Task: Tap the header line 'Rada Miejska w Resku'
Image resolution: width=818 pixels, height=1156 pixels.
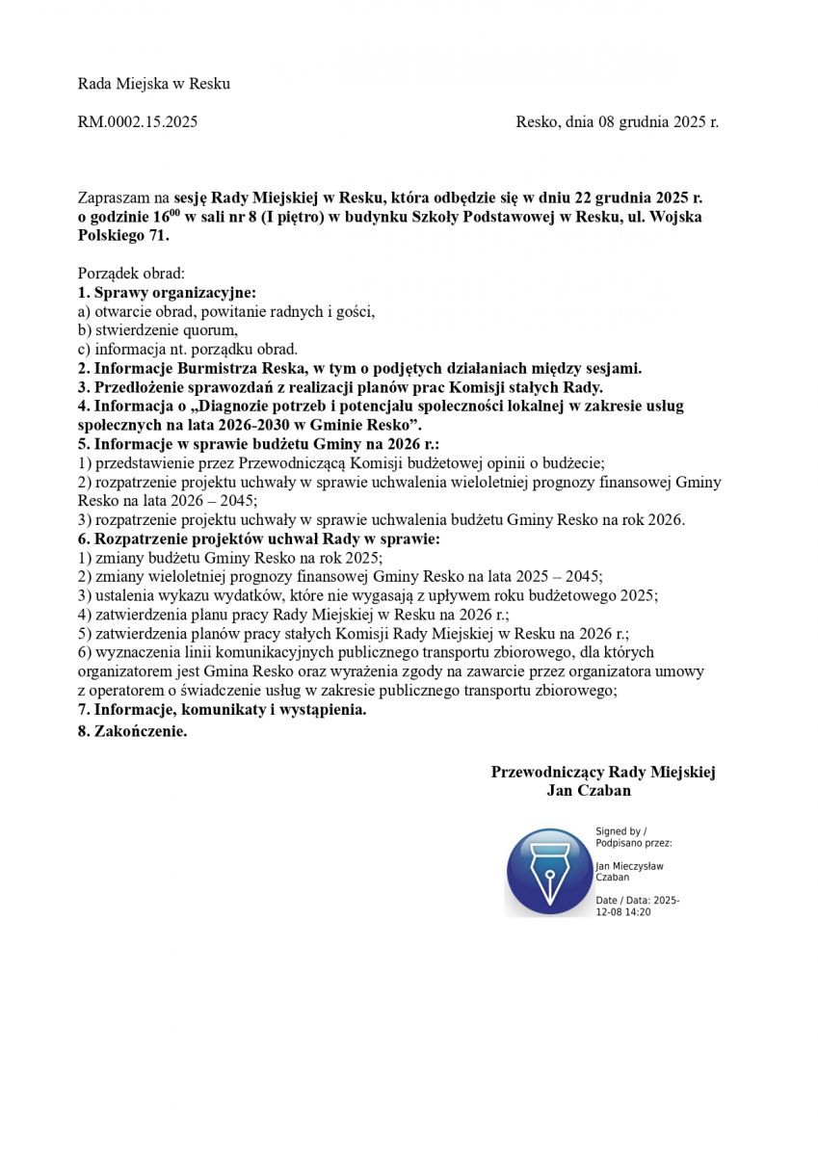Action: (154, 84)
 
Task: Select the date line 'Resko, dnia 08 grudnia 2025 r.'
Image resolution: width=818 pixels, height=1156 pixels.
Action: (617, 122)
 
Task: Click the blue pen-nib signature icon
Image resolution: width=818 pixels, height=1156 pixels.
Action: (548, 872)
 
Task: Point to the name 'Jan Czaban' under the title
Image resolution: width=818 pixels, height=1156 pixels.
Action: (589, 791)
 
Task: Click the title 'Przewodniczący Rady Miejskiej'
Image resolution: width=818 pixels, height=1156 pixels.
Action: (603, 773)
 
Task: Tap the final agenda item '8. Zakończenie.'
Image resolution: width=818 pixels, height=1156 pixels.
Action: (132, 731)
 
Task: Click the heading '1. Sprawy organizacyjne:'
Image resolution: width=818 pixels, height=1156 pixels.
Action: (167, 292)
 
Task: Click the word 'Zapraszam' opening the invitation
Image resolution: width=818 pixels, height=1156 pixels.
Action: (114, 198)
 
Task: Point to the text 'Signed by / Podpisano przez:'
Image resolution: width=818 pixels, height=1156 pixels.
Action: (634, 836)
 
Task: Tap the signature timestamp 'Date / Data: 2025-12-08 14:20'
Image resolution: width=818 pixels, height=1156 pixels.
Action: (638, 906)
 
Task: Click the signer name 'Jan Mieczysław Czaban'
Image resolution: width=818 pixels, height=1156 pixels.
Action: (629, 871)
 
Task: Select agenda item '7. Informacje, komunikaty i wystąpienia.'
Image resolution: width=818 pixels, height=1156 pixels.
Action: (223, 710)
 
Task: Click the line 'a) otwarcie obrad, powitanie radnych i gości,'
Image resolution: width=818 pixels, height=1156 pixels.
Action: (226, 311)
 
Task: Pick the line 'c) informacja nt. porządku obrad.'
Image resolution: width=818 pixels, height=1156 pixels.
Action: (188, 349)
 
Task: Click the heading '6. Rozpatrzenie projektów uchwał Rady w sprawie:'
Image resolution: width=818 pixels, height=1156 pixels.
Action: (259, 539)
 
